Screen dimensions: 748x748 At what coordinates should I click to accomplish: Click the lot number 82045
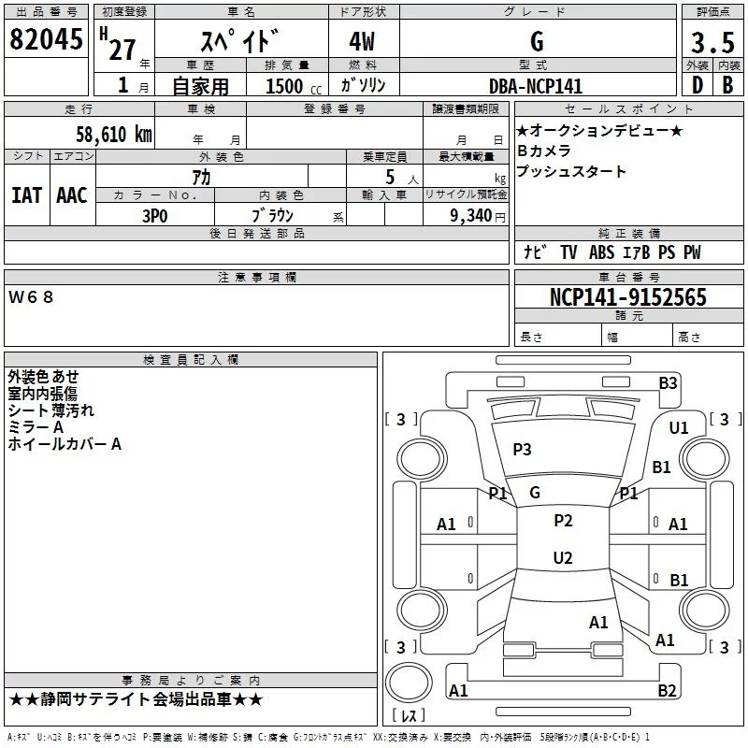(46, 39)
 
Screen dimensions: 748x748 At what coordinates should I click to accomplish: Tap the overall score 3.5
(712, 43)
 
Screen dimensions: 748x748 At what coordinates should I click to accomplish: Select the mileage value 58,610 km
(114, 135)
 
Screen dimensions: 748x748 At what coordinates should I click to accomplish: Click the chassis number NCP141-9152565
(627, 297)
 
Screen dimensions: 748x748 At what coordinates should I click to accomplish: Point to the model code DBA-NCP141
(536, 86)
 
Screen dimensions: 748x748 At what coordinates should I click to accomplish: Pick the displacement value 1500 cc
(294, 86)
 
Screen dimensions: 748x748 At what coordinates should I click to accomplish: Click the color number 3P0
(155, 216)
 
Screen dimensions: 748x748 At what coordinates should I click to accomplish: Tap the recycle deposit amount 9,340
(470, 216)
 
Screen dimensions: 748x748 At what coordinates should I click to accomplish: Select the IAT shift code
(27, 195)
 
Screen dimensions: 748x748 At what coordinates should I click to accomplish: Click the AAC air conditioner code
(72, 195)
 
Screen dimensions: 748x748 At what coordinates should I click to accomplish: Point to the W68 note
(31, 297)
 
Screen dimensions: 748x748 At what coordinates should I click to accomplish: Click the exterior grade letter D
(698, 85)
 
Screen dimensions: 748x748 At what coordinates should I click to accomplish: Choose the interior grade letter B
(727, 85)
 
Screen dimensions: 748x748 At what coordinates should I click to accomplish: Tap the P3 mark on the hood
(522, 450)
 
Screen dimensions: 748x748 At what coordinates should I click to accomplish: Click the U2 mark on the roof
(563, 557)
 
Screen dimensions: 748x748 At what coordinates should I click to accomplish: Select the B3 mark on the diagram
(668, 383)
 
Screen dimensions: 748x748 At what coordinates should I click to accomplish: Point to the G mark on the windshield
(535, 493)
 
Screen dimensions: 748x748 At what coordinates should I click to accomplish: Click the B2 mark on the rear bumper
(667, 690)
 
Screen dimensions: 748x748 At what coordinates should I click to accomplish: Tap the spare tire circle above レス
(409, 683)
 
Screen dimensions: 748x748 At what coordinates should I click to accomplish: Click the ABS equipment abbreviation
(601, 252)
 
